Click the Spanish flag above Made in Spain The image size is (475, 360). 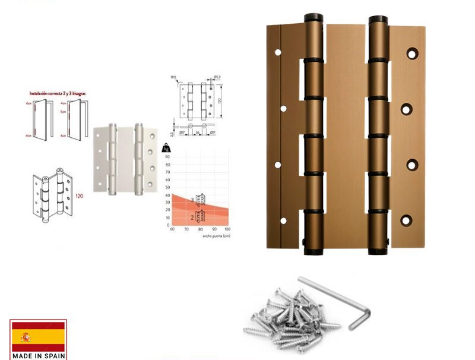pos(38,337)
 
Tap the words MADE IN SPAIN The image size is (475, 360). pos(38,355)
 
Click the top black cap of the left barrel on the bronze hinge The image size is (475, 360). pos(313,18)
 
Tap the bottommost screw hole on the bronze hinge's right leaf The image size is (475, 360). pos(406,220)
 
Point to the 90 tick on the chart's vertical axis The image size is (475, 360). pos(167,157)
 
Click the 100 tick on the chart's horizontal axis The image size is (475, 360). pos(227,229)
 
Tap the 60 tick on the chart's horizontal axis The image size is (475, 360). pos(172,229)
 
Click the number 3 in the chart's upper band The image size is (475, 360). pos(192,200)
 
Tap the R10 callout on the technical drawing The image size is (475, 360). pos(174,77)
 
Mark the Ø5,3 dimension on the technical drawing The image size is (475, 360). pos(217,77)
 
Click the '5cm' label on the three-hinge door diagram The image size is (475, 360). pos(62,110)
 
